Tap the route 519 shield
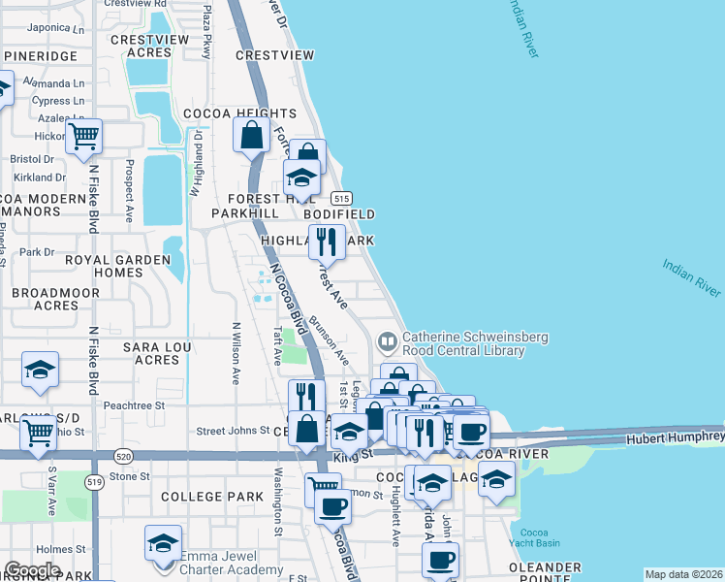pos(95,481)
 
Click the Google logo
pos(32,570)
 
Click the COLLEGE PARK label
pos(212,497)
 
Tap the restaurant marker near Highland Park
pos(327,242)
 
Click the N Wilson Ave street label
pos(236,353)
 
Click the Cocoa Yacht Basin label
pos(535,539)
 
